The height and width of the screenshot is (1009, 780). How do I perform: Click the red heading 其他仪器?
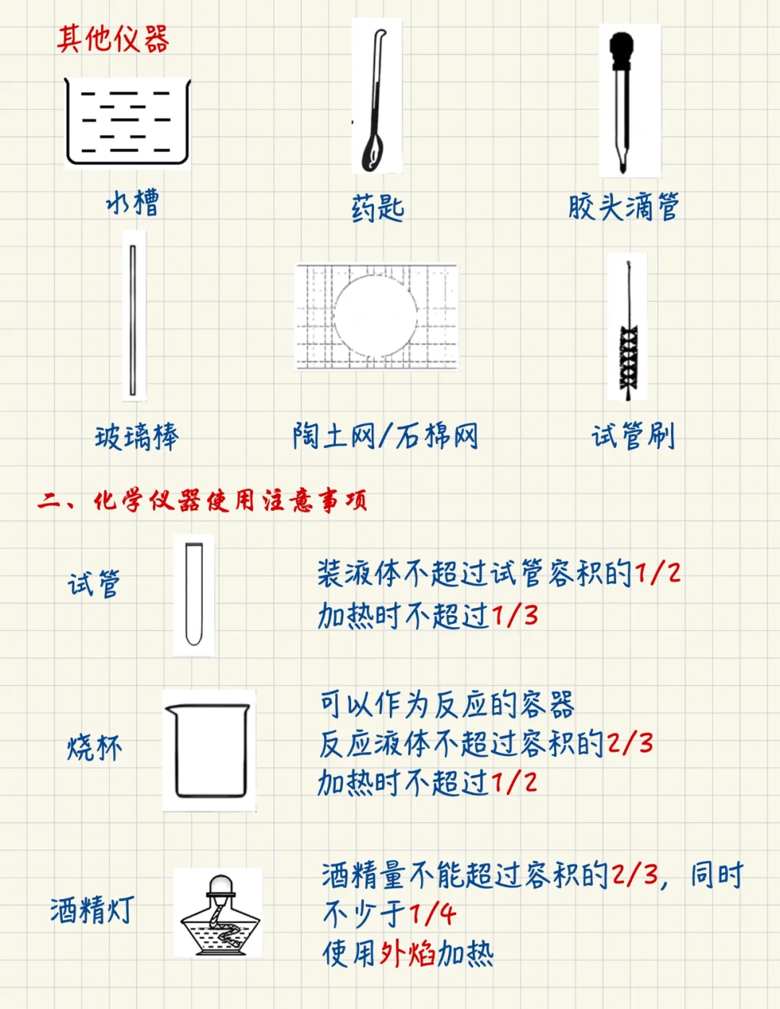(x=113, y=39)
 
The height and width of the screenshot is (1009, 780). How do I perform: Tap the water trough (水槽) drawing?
(x=127, y=121)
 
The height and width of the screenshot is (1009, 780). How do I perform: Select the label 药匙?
(x=378, y=208)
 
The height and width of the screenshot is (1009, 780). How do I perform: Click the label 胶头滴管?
(x=623, y=207)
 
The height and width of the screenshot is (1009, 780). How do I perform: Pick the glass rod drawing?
(x=133, y=318)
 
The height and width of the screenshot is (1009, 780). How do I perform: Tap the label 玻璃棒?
(x=136, y=437)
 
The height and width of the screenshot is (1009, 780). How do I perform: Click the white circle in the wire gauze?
(x=376, y=317)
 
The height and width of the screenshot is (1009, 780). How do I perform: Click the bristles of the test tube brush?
(x=628, y=358)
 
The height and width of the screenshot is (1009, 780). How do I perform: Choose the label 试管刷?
(x=633, y=437)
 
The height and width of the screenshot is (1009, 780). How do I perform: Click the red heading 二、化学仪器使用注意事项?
(x=203, y=500)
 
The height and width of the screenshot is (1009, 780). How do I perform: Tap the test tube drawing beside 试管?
(x=194, y=594)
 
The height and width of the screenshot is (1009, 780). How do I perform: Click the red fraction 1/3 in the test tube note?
(x=515, y=616)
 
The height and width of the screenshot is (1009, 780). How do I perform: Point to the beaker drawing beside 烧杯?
(x=209, y=750)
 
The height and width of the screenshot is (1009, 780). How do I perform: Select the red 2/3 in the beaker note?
(x=630, y=743)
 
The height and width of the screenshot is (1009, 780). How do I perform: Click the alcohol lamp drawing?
(x=219, y=914)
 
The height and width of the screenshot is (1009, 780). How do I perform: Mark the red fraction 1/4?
(x=432, y=914)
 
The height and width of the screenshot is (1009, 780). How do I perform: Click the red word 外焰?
(x=407, y=954)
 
